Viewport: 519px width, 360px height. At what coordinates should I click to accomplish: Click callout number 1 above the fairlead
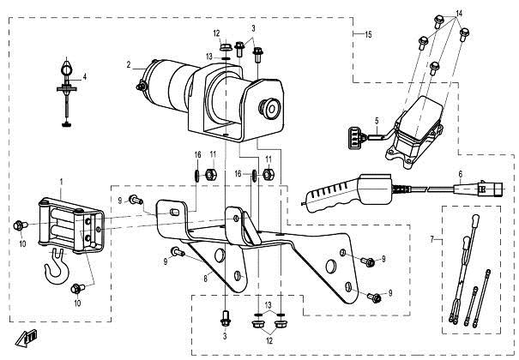62,182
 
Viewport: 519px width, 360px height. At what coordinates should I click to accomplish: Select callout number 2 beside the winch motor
128,65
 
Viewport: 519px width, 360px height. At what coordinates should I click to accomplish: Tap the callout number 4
84,77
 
